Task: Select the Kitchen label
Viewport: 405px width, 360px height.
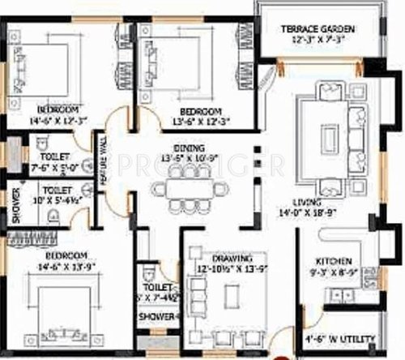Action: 333,261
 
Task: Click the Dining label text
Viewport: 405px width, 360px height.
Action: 188,147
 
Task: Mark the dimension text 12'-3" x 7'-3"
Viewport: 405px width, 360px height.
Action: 318,39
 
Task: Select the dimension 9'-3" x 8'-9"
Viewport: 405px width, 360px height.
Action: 333,272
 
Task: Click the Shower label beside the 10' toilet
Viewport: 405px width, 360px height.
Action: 14,204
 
